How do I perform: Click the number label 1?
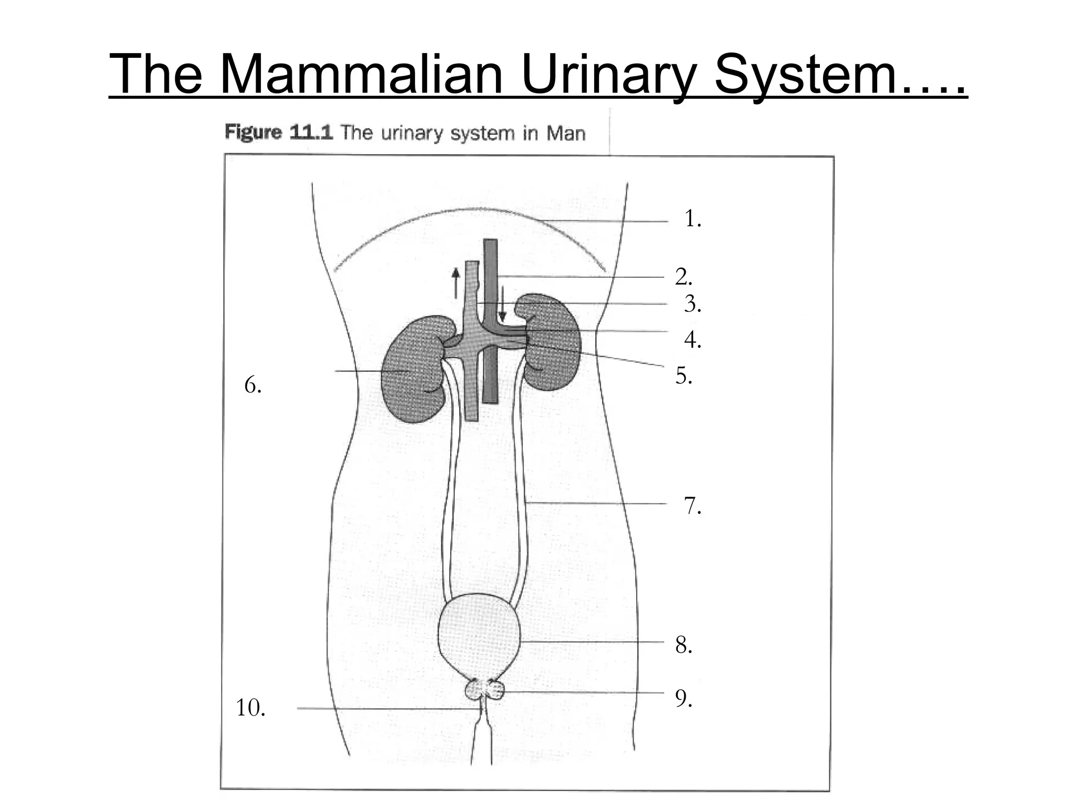point(692,219)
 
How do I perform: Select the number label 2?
point(683,277)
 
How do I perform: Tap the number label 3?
point(692,305)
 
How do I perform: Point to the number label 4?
point(692,340)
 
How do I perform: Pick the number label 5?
point(683,376)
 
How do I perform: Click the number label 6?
point(252,386)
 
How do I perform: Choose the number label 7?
point(692,506)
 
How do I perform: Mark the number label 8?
point(683,645)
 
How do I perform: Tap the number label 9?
point(683,699)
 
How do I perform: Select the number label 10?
point(250,708)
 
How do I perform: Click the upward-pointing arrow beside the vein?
point(455,283)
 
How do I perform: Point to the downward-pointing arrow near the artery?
point(502,304)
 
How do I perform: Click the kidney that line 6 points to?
point(413,368)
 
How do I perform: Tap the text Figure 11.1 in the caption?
point(279,132)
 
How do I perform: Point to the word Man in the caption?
point(565,133)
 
